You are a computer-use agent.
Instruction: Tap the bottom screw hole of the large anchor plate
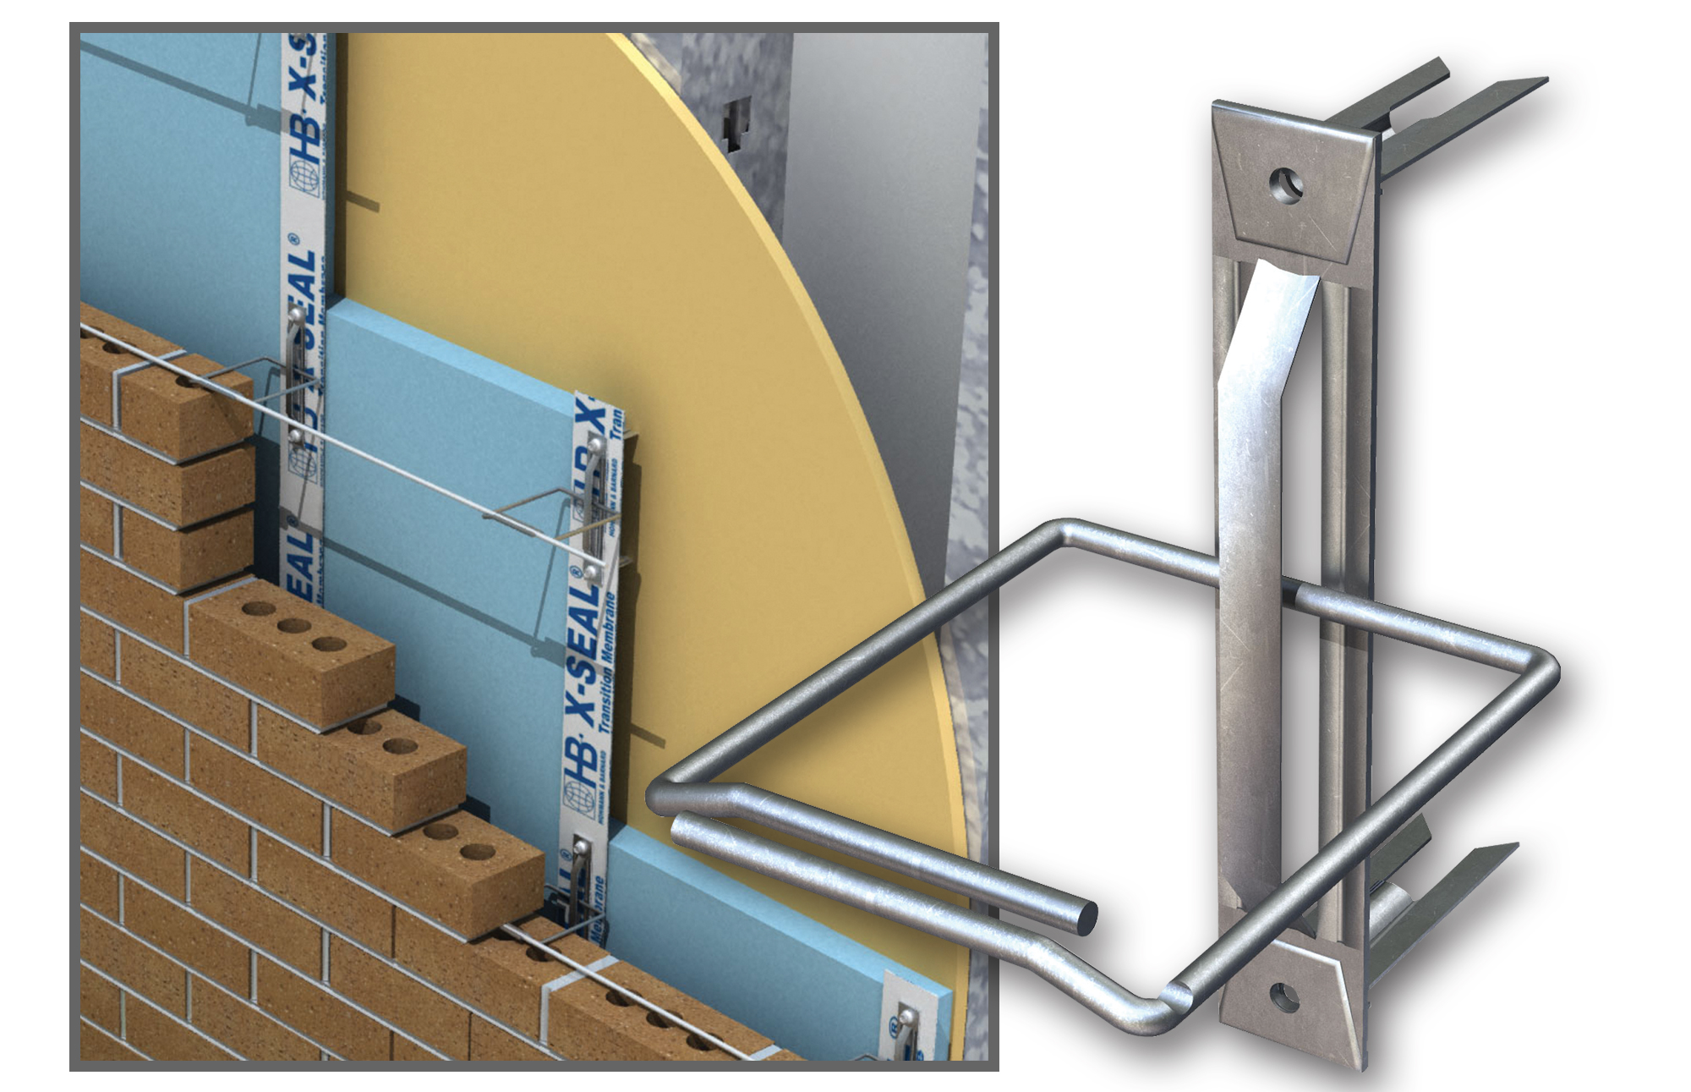(1283, 998)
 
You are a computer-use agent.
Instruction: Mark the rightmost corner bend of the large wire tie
(1547, 668)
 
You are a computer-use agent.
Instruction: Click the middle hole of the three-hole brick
(293, 626)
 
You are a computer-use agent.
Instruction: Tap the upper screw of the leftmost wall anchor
(295, 316)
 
